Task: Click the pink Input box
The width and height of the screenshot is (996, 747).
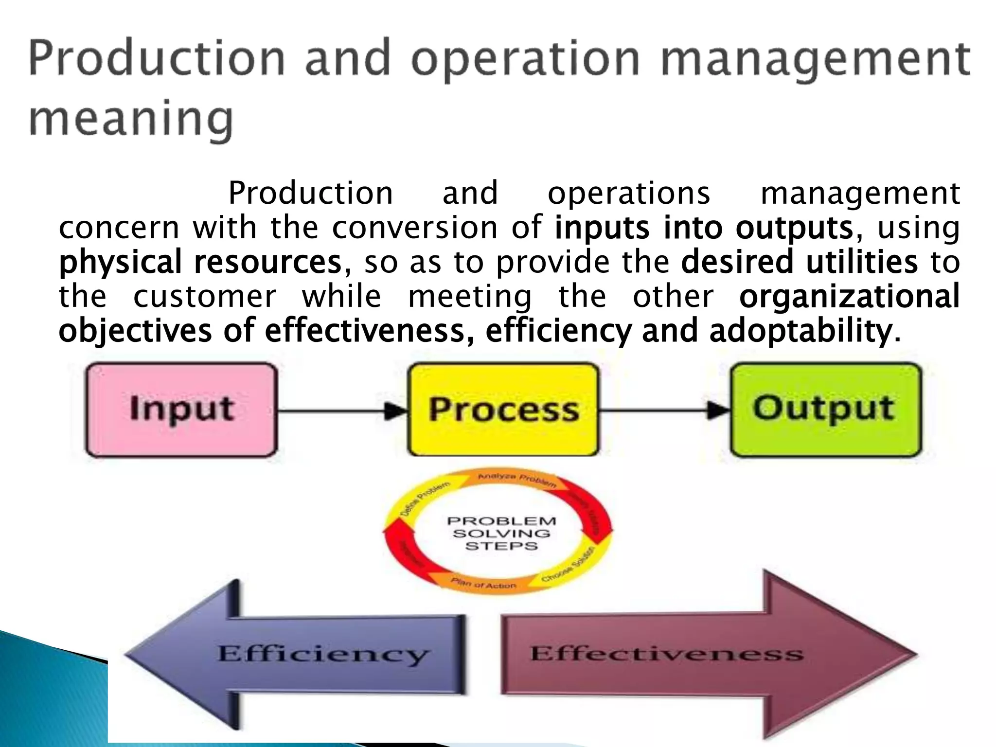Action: click(181, 409)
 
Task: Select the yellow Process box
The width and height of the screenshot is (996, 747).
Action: click(503, 409)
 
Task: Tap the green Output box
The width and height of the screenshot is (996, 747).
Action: click(825, 409)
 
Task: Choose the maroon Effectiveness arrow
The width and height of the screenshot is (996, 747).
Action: click(681, 654)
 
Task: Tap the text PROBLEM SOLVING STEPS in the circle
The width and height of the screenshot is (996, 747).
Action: click(501, 534)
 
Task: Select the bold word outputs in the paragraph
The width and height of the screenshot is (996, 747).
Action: click(794, 228)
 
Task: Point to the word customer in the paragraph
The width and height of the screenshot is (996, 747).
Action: click(205, 296)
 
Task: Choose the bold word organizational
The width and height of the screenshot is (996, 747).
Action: click(849, 296)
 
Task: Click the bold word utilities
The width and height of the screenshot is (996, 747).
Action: click(861, 262)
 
